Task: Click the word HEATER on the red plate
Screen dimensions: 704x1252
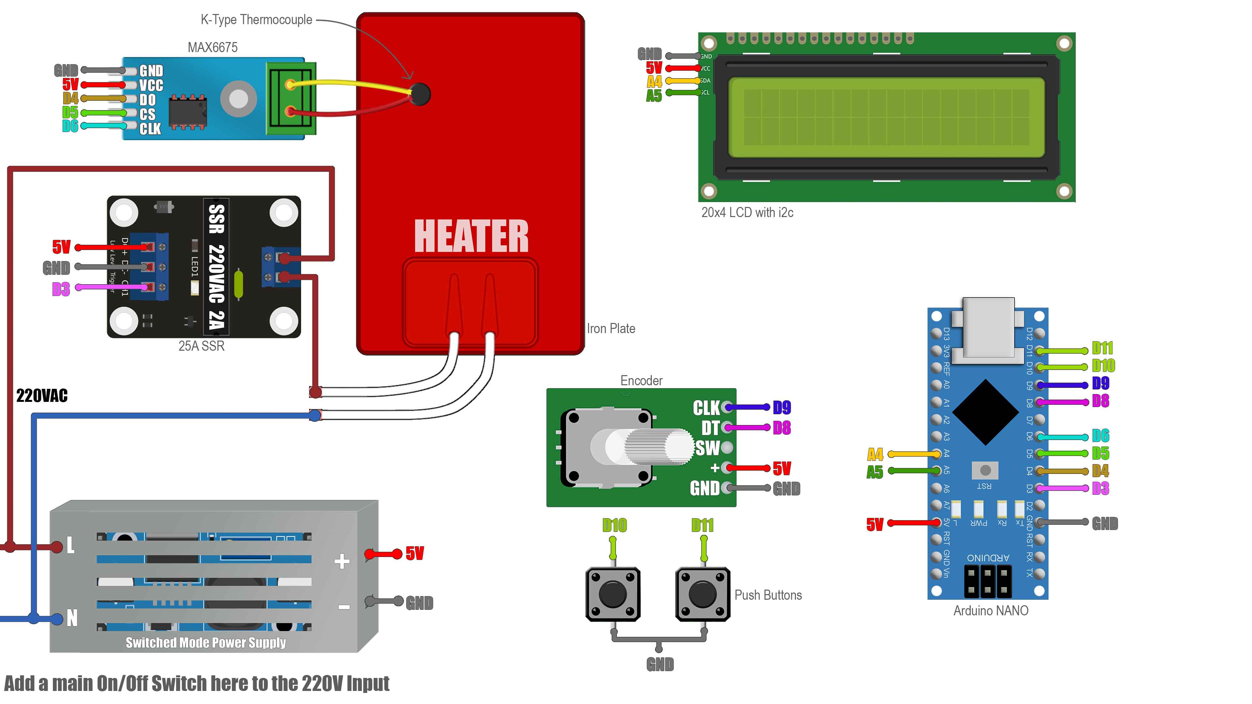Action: [471, 237]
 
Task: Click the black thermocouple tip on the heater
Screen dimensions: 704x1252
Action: [419, 94]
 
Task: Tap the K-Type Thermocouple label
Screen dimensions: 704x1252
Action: [256, 20]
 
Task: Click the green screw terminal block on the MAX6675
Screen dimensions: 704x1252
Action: [291, 99]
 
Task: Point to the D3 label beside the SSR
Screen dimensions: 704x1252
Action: [61, 289]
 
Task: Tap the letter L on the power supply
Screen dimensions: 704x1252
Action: [70, 545]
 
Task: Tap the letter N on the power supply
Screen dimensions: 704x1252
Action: [72, 618]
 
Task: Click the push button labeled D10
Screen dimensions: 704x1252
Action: [613, 594]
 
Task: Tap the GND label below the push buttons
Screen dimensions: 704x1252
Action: [660, 664]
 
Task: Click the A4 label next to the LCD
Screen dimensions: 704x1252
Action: [654, 81]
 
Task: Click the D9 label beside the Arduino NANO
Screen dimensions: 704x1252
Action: [1100, 383]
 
